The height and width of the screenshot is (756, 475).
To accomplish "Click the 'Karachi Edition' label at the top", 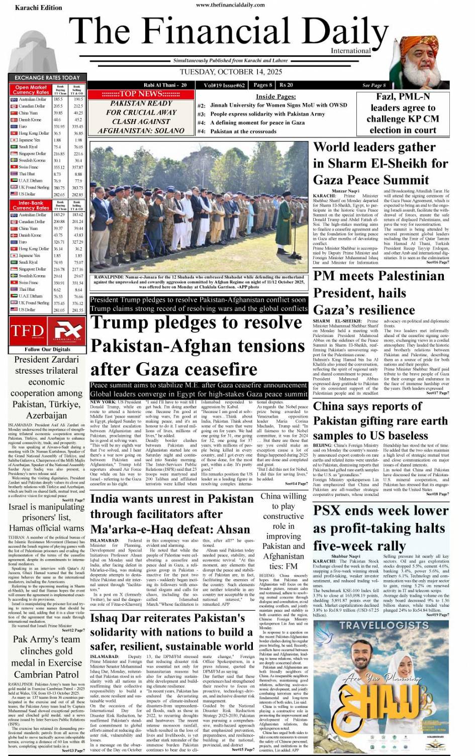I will click(x=38, y=8).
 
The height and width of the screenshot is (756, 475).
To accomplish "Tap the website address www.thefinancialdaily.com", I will click(x=231, y=5).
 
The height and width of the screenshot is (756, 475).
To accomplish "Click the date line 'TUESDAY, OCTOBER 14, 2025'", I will click(x=231, y=72).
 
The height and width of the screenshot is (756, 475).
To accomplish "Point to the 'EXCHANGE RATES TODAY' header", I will click(x=47, y=78).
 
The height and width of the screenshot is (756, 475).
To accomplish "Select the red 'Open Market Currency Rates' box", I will click(x=31, y=90).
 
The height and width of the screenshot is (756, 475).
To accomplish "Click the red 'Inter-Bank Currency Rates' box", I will click(x=31, y=205).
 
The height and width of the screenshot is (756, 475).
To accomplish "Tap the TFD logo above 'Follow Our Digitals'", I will click(x=28, y=331).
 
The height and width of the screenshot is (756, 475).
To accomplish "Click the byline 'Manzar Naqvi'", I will click(x=345, y=191).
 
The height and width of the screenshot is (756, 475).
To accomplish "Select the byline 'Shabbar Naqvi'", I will click(x=345, y=556).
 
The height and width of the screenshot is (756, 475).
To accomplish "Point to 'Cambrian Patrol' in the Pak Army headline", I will click(x=46, y=675).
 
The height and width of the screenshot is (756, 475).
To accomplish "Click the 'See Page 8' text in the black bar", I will click(x=374, y=85).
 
